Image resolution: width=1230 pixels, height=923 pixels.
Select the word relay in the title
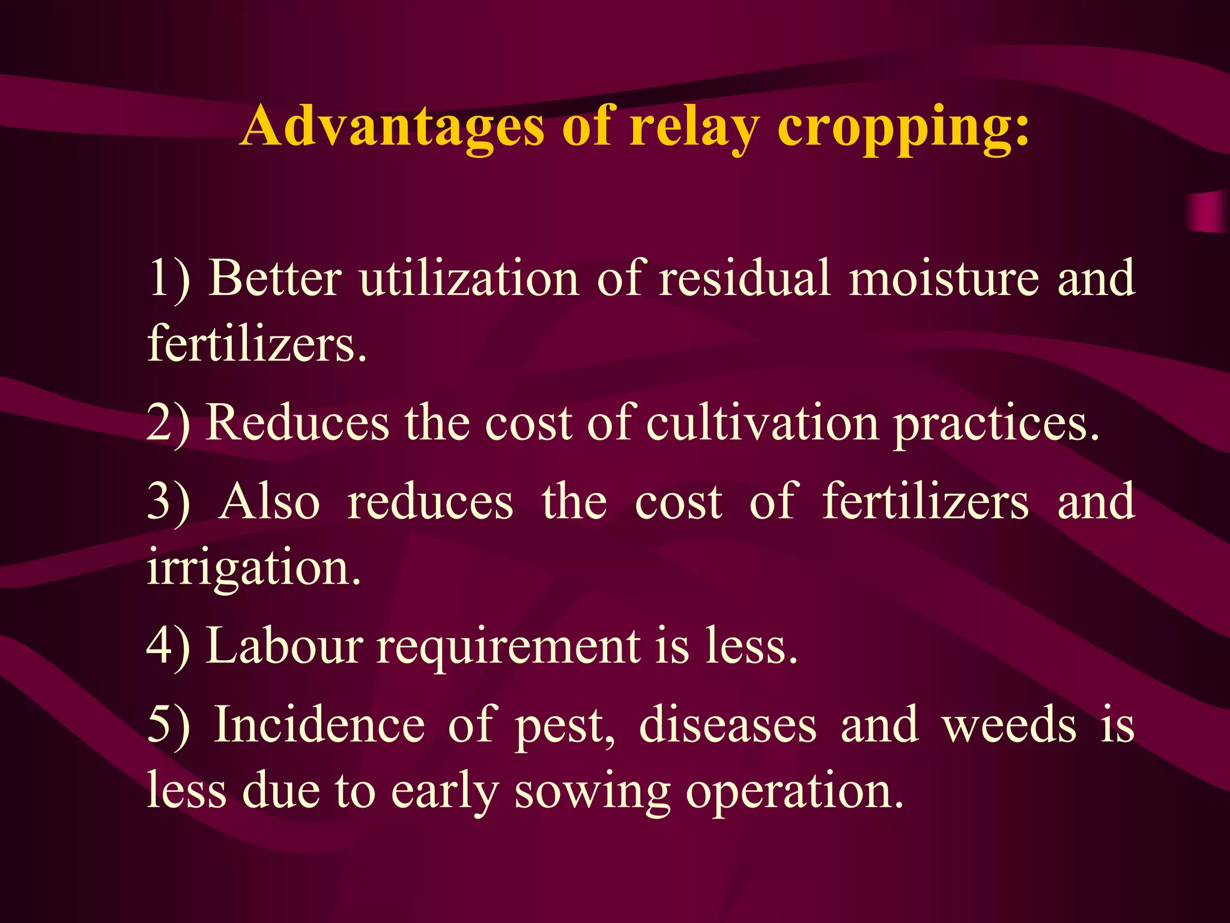click(694, 127)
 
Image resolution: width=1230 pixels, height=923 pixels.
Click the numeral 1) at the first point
click(169, 278)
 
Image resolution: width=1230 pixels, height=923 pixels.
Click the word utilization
click(469, 278)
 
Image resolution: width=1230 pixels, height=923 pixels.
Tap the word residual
click(745, 278)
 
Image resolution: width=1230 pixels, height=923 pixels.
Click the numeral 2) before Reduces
click(169, 423)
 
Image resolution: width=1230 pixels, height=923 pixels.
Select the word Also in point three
click(270, 502)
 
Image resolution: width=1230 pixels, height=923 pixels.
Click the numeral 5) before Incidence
click(169, 725)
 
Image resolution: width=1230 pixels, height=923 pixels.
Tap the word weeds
click(1009, 725)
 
